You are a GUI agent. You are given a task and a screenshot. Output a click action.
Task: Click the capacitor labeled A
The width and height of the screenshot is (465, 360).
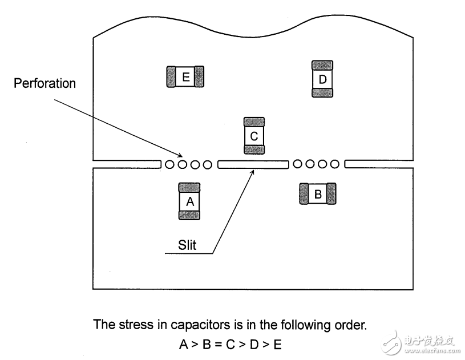click(189, 201)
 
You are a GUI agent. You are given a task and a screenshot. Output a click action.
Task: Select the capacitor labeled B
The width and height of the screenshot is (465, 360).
click(318, 193)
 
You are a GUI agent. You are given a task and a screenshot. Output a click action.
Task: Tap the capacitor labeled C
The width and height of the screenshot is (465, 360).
click(254, 136)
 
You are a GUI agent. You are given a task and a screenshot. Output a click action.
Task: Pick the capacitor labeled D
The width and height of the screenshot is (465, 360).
click(322, 79)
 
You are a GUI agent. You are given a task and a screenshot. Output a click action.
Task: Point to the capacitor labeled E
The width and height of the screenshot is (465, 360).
click(185, 76)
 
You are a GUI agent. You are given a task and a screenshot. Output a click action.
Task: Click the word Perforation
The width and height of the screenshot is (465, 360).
click(45, 83)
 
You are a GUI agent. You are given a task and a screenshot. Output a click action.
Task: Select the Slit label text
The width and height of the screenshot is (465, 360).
click(187, 245)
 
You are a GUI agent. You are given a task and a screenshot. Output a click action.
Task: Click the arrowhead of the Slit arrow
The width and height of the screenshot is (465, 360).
click(253, 171)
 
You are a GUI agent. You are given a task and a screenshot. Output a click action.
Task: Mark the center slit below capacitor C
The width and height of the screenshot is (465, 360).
click(253, 164)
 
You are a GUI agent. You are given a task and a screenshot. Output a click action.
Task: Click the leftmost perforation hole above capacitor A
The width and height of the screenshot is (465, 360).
click(169, 164)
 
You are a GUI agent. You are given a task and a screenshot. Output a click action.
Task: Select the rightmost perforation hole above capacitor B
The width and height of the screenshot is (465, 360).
click(335, 164)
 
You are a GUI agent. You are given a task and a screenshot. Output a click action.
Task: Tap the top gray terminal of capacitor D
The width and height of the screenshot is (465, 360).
click(322, 65)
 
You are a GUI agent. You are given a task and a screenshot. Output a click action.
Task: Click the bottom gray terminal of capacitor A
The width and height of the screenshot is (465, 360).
click(189, 215)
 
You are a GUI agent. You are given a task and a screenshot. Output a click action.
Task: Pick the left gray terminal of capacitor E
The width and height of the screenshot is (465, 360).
click(171, 76)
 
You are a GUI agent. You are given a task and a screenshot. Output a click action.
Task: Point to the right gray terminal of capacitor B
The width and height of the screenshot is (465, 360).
click(331, 193)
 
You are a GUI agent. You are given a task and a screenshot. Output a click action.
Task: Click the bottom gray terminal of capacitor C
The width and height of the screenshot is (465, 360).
click(254, 149)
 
